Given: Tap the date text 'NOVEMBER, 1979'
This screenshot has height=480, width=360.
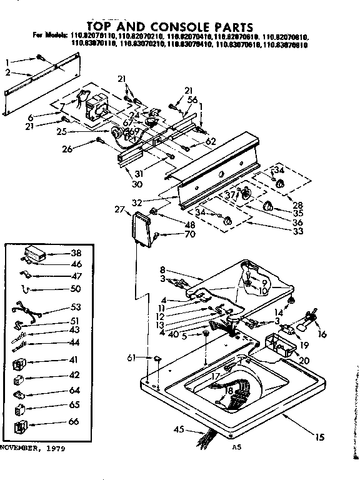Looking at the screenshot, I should [32, 449].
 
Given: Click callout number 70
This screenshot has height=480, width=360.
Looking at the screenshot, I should [172, 234].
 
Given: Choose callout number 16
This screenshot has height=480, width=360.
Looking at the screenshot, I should [322, 335].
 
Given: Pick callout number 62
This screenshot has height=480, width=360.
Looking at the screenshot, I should [211, 141].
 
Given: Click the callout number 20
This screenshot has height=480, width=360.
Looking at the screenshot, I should [304, 361].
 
